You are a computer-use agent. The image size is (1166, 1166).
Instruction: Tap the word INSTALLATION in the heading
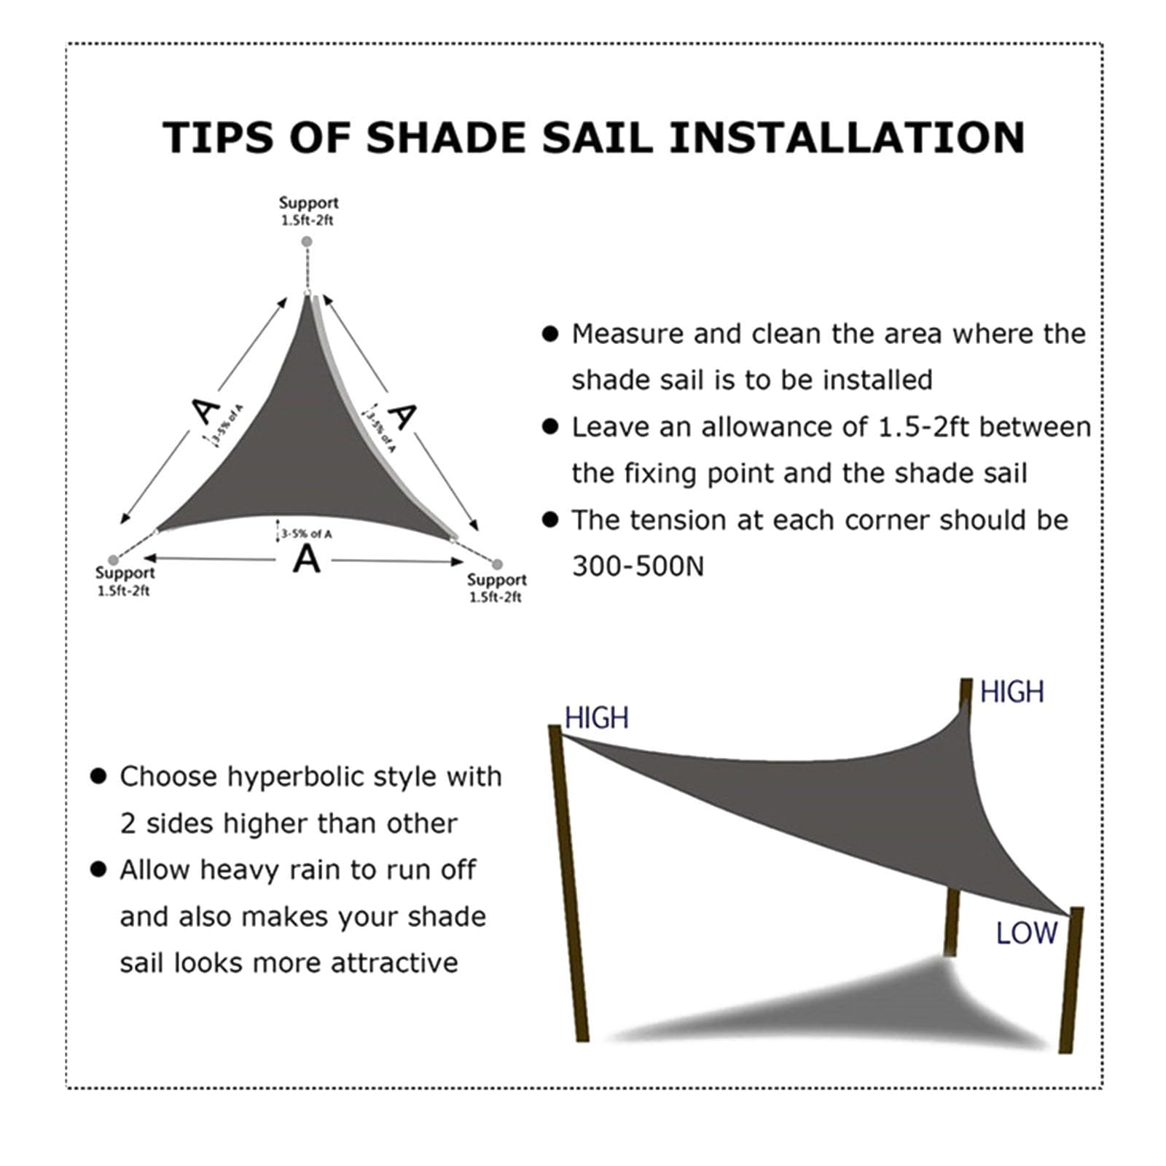pos(847,138)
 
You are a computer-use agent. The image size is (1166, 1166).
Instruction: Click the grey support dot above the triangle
pos(308,241)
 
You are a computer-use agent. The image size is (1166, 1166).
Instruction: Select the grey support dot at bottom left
pos(112,560)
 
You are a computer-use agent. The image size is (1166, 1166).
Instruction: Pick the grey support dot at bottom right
pos(497,564)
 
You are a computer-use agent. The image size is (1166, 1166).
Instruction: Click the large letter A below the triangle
pos(307,560)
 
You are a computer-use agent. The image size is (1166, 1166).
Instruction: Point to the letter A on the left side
pos(205,412)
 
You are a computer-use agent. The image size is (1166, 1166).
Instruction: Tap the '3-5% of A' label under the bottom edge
pos(306,534)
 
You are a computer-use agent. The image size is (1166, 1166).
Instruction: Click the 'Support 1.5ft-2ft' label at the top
pos(308,211)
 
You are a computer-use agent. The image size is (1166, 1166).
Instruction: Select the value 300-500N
pos(638,566)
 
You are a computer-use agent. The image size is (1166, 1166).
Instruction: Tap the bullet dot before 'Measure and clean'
pos(550,334)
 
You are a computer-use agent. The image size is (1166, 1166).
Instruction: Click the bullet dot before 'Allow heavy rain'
pos(98,869)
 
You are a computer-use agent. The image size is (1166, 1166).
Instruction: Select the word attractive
pos(394,963)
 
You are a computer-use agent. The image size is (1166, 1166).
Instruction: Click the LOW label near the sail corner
pos(1026,934)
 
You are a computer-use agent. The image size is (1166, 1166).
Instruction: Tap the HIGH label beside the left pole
pos(596,719)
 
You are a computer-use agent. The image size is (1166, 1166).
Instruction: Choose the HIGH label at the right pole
pos(1012,692)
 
